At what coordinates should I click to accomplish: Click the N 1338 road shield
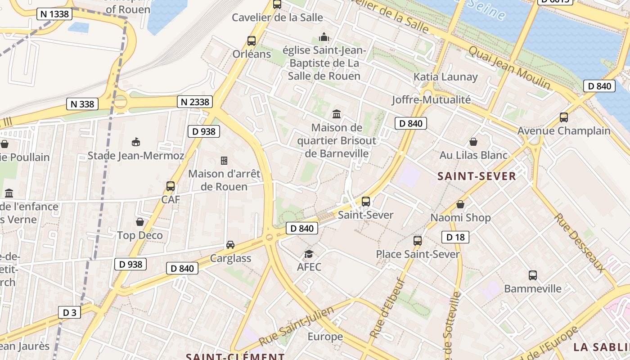[54, 14]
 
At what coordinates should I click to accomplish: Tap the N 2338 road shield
[195, 102]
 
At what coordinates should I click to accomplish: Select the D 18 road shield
[455, 237]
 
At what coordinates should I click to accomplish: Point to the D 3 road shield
[69, 312]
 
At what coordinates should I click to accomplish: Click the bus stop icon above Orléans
[252, 41]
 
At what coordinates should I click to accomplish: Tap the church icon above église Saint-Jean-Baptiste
[324, 37]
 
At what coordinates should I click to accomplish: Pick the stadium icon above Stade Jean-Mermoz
[135, 142]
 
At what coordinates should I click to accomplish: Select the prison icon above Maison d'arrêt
[224, 160]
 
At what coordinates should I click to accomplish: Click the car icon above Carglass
[230, 245]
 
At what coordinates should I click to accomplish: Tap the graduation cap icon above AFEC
[309, 254]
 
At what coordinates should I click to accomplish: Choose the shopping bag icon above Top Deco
[140, 222]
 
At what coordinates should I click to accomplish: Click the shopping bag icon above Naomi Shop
[460, 204]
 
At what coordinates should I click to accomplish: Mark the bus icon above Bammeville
[533, 275]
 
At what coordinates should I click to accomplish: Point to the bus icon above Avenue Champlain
[564, 117]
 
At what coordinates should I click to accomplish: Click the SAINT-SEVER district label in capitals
[477, 176]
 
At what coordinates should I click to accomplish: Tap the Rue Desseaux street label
[579, 242]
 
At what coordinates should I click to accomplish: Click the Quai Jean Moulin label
[509, 67]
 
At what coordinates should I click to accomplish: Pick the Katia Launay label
[445, 77]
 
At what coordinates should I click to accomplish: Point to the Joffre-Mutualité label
[431, 99]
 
